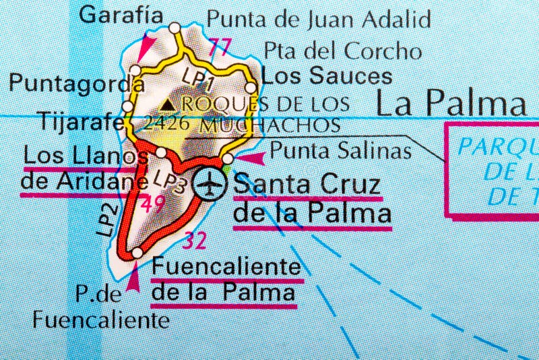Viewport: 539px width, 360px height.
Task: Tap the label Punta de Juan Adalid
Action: click(x=318, y=18)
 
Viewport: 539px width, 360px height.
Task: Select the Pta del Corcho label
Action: click(x=342, y=51)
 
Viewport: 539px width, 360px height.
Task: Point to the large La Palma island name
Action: click(x=450, y=104)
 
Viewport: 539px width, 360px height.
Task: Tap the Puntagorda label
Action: click(x=76, y=83)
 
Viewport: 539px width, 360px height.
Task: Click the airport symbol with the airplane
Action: click(x=211, y=183)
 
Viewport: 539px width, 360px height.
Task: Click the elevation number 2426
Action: click(x=166, y=123)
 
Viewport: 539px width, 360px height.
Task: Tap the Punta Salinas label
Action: click(x=340, y=151)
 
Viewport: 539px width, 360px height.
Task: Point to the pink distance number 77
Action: click(x=220, y=47)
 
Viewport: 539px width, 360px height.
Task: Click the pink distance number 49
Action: click(x=153, y=204)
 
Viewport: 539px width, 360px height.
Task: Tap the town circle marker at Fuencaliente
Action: click(x=137, y=253)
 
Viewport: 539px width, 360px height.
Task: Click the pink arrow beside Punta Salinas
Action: click(x=253, y=158)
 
